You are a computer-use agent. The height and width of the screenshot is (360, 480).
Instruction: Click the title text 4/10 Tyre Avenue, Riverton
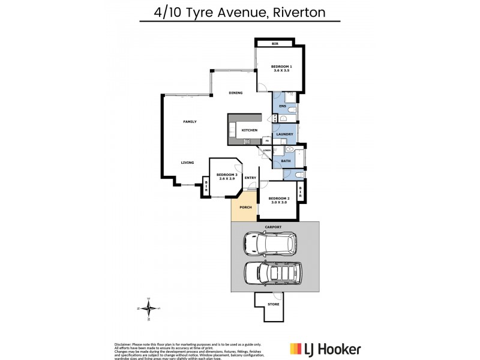click(x=239, y=11)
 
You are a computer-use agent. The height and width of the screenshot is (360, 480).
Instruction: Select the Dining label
click(x=235, y=93)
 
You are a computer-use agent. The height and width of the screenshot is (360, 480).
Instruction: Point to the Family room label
click(x=190, y=122)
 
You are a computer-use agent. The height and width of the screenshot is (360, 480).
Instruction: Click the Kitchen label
click(x=249, y=130)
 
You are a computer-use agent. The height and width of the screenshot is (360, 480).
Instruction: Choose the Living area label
click(x=190, y=162)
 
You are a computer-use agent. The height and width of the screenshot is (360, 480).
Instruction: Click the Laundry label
click(x=284, y=134)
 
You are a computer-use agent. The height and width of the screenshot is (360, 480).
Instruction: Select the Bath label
click(x=286, y=160)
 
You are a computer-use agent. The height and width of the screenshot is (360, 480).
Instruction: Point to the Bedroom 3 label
click(x=223, y=177)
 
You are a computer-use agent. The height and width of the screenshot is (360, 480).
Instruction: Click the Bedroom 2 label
click(x=279, y=200)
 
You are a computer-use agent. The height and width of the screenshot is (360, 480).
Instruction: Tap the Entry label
click(x=250, y=178)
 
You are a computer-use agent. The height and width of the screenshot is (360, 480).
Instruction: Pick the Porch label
click(x=245, y=208)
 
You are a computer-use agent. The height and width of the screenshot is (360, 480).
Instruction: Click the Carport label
click(x=274, y=226)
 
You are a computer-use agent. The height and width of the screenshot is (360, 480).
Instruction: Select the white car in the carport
click(x=269, y=244)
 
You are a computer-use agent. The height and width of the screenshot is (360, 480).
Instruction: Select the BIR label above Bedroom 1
click(x=274, y=44)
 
